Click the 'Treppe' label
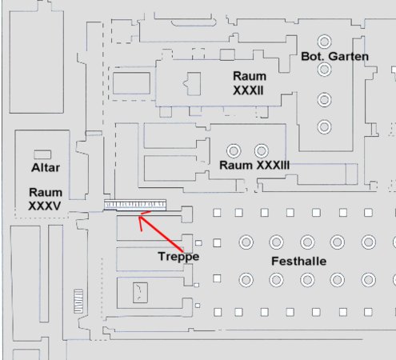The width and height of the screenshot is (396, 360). [178, 257]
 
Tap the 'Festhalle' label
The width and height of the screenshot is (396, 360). [298, 261]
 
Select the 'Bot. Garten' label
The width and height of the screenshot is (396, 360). [334, 56]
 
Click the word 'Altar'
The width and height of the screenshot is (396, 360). [46, 168]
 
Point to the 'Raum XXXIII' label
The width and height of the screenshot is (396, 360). [254, 165]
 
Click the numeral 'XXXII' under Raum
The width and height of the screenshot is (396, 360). [248, 90]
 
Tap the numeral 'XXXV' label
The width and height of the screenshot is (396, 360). [45, 206]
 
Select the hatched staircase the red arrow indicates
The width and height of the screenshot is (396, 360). [135, 205]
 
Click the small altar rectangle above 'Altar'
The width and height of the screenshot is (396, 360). [42, 154]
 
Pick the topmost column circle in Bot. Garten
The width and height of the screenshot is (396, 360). [324, 42]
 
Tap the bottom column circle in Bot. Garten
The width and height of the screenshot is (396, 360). [324, 127]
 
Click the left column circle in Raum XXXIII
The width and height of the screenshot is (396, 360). [234, 151]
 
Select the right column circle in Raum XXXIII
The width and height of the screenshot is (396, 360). [262, 151]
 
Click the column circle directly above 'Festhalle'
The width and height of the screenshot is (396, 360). [307, 242]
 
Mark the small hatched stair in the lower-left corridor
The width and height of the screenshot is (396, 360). [78, 301]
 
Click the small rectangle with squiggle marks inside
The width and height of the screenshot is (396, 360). [140, 293]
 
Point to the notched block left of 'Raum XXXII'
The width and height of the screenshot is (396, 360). [192, 83]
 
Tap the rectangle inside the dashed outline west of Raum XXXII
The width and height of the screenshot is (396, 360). [131, 83]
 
